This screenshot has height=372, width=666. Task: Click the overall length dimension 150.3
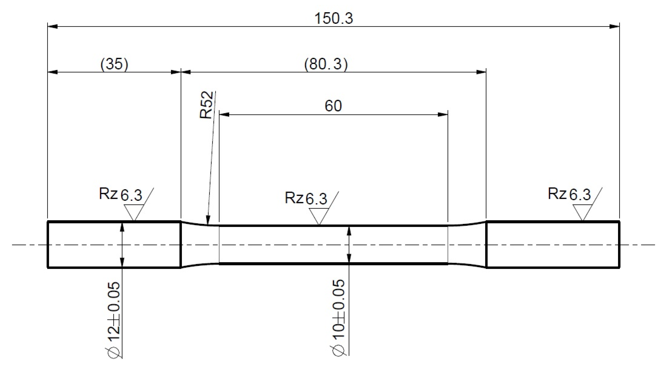pos(333,19)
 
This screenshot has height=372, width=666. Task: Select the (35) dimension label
pos(114,64)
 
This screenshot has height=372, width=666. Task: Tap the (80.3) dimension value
pos(326,64)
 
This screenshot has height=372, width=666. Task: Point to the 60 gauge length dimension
pos(333,106)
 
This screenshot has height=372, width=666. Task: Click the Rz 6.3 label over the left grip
pos(120,194)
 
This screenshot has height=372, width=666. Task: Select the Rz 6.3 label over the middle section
pos(306,198)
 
